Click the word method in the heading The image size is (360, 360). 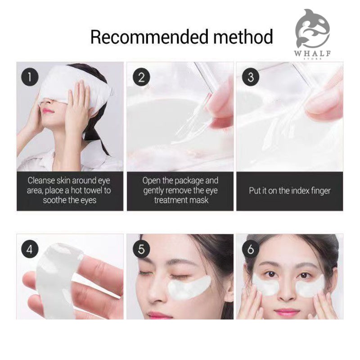click(x=243, y=37)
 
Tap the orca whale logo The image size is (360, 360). click(x=312, y=28)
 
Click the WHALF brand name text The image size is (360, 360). click(x=312, y=54)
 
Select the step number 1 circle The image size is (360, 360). click(x=30, y=77)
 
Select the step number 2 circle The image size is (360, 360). click(x=141, y=77)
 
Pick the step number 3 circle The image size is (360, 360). click(x=251, y=77)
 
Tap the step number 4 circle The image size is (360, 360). click(x=30, y=249)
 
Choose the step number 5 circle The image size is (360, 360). click(x=141, y=249)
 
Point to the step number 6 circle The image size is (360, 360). click(x=251, y=249)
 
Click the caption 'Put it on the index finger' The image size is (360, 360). click(x=290, y=191)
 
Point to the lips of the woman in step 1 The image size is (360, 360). click(x=48, y=111)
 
